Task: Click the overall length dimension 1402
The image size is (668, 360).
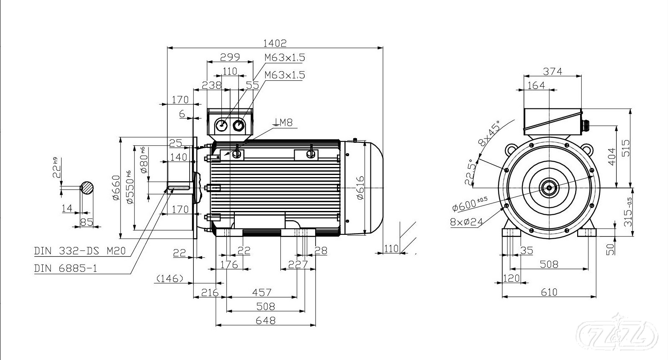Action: [x=275, y=43]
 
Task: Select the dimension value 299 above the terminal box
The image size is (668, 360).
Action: [x=230, y=57]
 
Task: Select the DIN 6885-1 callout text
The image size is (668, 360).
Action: [x=65, y=268]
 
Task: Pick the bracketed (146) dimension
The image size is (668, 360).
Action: [x=170, y=278]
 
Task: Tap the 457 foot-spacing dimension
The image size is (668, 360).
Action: [x=262, y=292]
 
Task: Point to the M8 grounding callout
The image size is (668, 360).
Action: [x=284, y=123]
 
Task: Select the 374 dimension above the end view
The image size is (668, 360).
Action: [x=552, y=71]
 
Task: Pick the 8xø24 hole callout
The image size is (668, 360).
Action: [x=466, y=221]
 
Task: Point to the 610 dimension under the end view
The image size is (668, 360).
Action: [x=549, y=292]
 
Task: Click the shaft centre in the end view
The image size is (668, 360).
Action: [x=549, y=188]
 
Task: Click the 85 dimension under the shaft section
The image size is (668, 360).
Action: [x=87, y=222]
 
